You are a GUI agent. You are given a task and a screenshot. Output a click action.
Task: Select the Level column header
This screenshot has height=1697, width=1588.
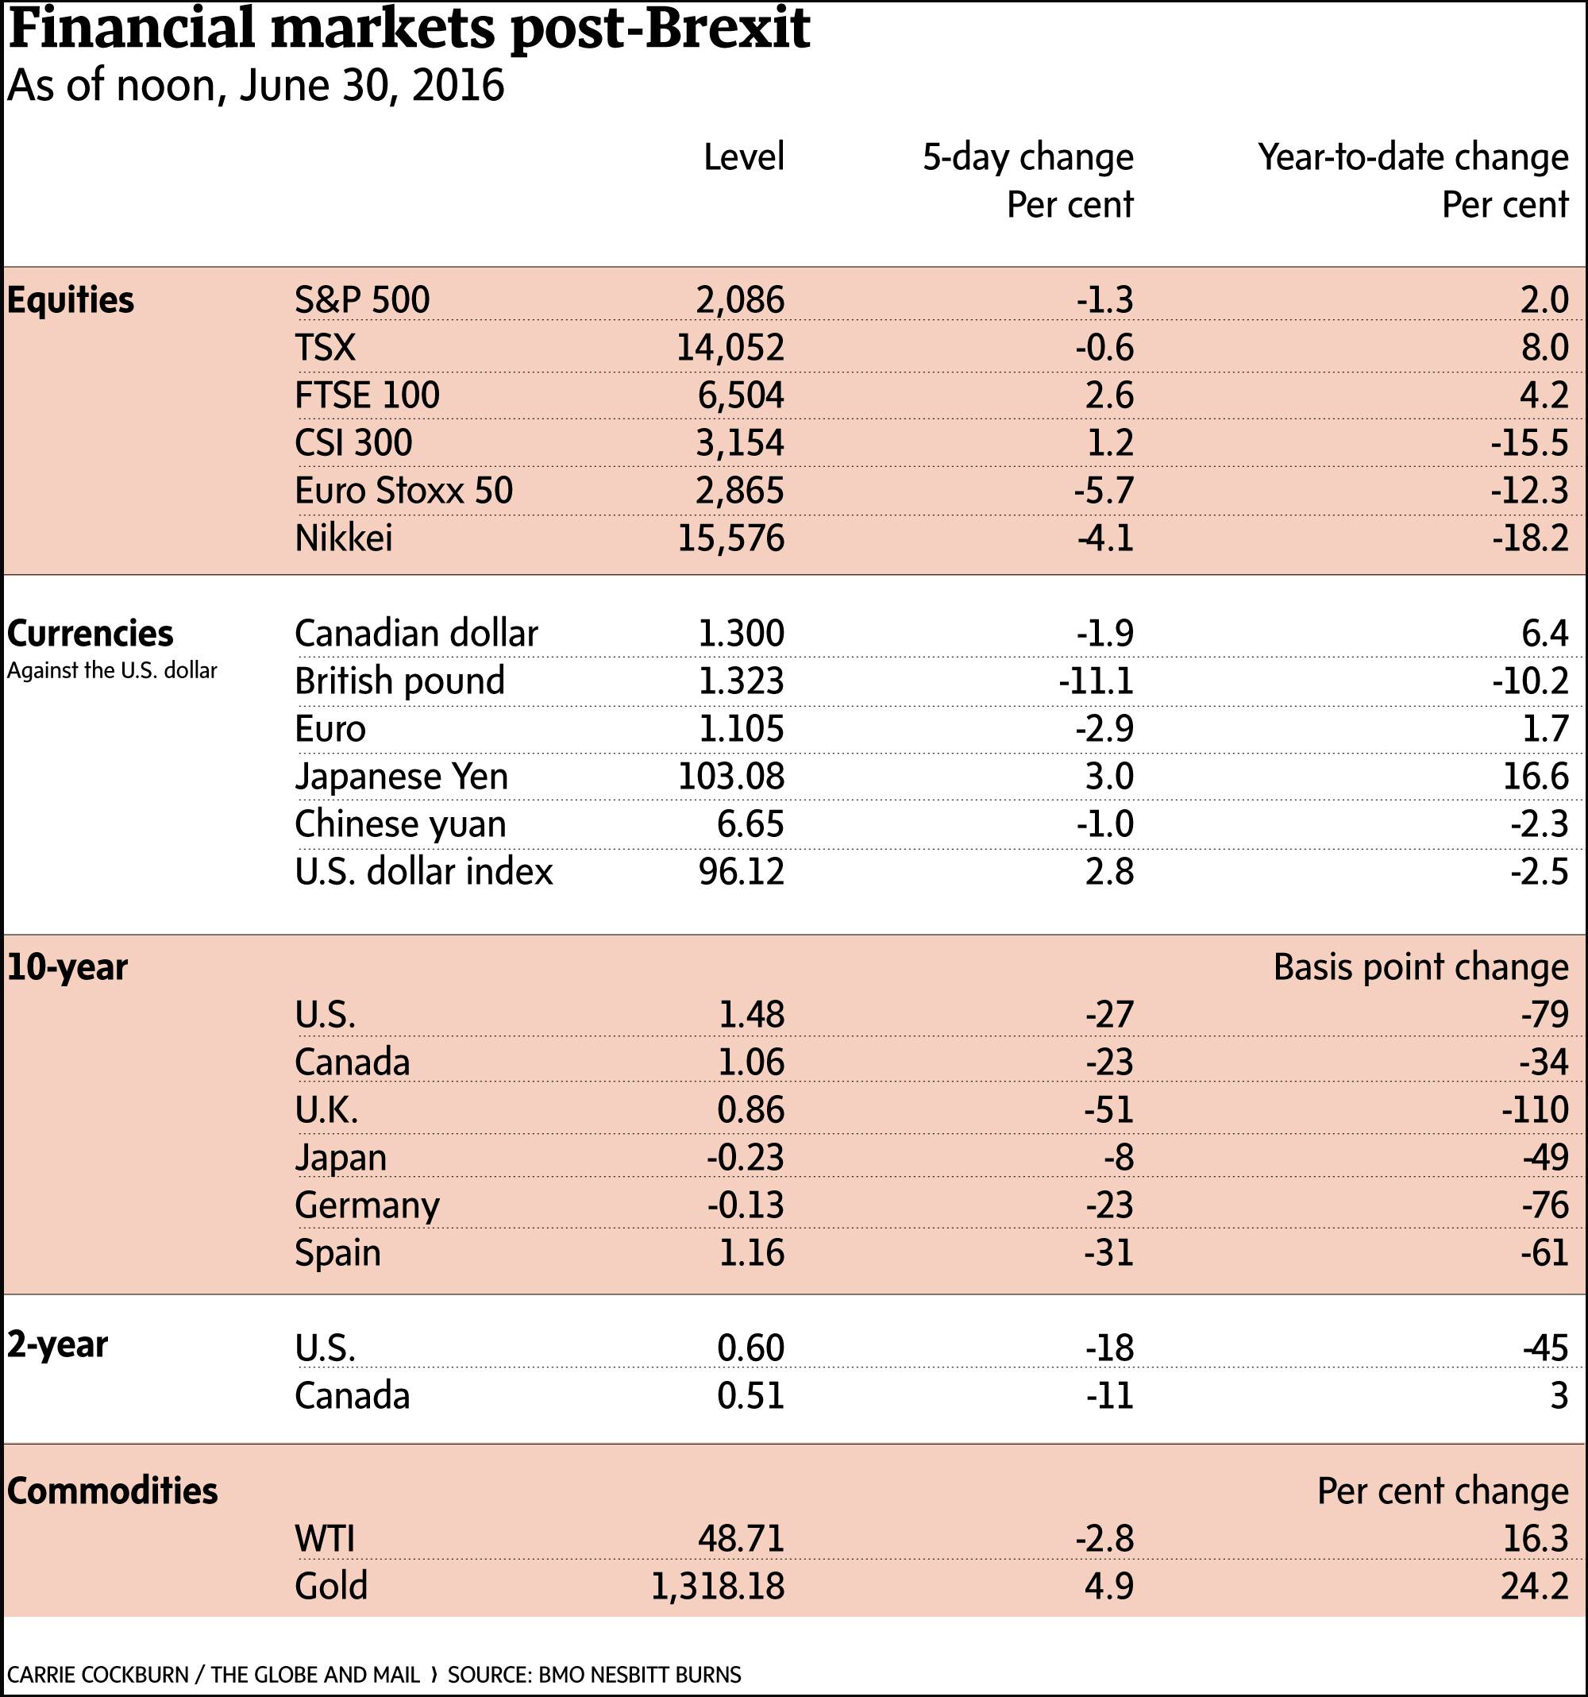pos(743,157)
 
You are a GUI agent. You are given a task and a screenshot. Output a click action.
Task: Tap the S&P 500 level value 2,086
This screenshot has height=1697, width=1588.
pos(740,299)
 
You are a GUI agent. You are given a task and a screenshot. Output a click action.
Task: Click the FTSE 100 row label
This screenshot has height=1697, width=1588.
pos(367,395)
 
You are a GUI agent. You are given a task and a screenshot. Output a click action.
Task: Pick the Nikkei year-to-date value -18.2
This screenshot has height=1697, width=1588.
pos(1529,538)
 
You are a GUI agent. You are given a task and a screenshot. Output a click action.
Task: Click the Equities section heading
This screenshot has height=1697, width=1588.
pos(71,300)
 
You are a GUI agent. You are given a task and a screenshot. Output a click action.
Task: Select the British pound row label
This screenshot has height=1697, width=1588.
pos(399,681)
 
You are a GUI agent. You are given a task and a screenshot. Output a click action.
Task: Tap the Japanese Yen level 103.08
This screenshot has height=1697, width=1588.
pos(731,777)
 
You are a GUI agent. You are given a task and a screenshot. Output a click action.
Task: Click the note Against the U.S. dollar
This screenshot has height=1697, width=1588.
pos(112,671)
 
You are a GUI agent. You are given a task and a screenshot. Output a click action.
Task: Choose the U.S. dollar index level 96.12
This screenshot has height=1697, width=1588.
pos(742,872)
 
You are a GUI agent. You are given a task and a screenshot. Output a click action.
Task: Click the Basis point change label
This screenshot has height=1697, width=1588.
pos(1420,967)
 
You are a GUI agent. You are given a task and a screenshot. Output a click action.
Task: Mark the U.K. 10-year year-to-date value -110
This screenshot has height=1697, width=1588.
pos(1535,1109)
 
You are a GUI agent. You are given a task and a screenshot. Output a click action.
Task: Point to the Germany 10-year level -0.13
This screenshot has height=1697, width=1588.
pos(745,1205)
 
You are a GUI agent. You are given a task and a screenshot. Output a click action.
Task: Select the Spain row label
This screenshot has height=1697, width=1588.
pos(338,1253)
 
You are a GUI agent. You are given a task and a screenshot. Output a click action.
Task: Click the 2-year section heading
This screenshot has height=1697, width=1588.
pos(58,1344)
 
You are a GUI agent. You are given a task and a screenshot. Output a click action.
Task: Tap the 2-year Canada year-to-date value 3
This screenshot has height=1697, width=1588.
pos(1559,1396)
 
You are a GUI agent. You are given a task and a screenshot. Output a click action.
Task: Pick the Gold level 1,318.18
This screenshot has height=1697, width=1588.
pos(718,1586)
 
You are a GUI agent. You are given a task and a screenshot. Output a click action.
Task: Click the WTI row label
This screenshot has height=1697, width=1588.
pos(324,1538)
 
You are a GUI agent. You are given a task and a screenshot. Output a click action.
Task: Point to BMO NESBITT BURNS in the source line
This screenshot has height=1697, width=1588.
pos(639,1675)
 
